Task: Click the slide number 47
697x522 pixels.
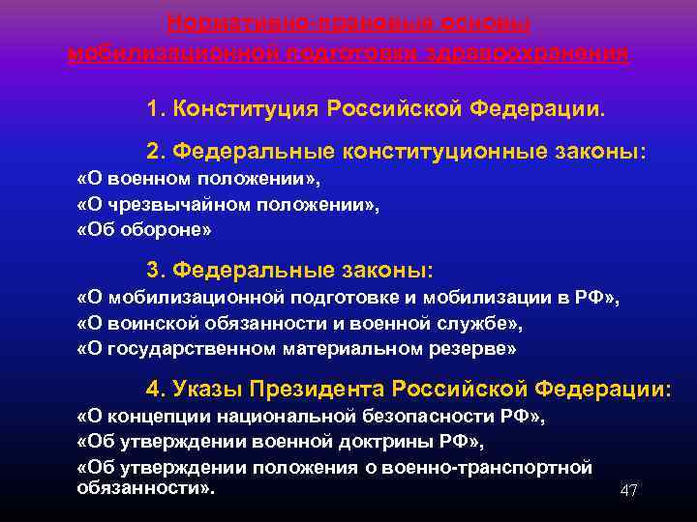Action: pyautogui.click(x=628, y=491)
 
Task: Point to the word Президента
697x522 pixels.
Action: pyautogui.click(x=315, y=389)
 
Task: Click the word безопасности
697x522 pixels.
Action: pyautogui.click(x=422, y=418)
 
